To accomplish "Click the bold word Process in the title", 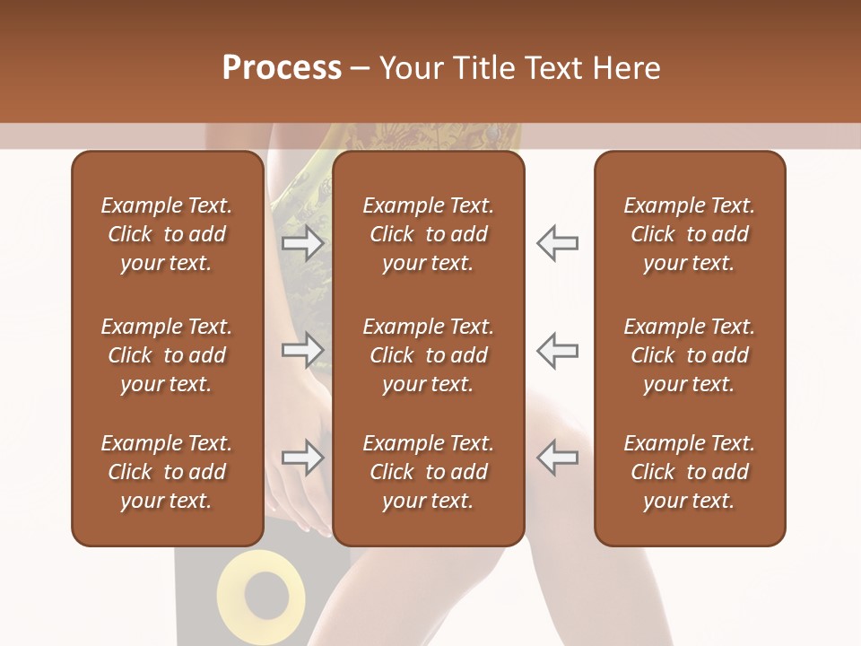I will click(282, 68).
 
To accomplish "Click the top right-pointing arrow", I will click(302, 243).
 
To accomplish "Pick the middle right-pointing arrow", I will click(302, 350).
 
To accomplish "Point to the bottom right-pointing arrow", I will click(302, 458).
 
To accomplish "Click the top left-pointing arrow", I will click(557, 243).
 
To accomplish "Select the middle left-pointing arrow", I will click(557, 350).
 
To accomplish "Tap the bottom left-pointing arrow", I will click(557, 458).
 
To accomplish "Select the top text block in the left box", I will click(167, 234).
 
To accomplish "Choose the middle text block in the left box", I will click(167, 355).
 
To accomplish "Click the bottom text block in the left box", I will click(167, 472).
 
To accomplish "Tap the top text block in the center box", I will click(428, 234).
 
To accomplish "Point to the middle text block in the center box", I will click(428, 355).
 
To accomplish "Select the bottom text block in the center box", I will click(428, 472).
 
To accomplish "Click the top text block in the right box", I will click(689, 234).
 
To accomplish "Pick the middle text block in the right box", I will click(689, 355).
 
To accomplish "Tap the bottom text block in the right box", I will click(689, 472).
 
